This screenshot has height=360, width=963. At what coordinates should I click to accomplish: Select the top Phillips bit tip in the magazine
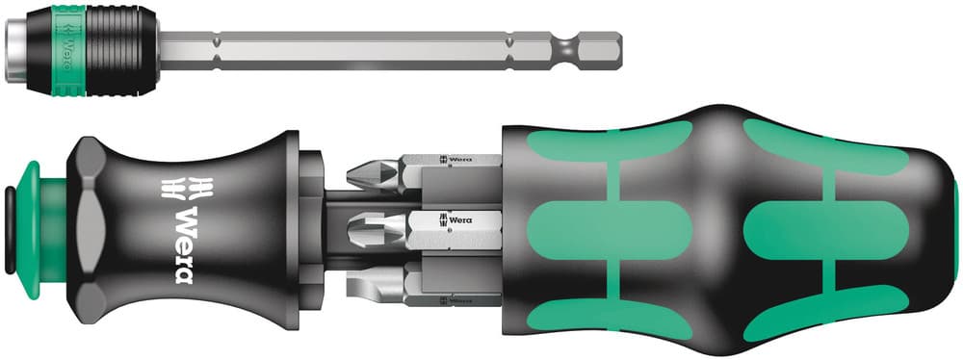tap(372, 173)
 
